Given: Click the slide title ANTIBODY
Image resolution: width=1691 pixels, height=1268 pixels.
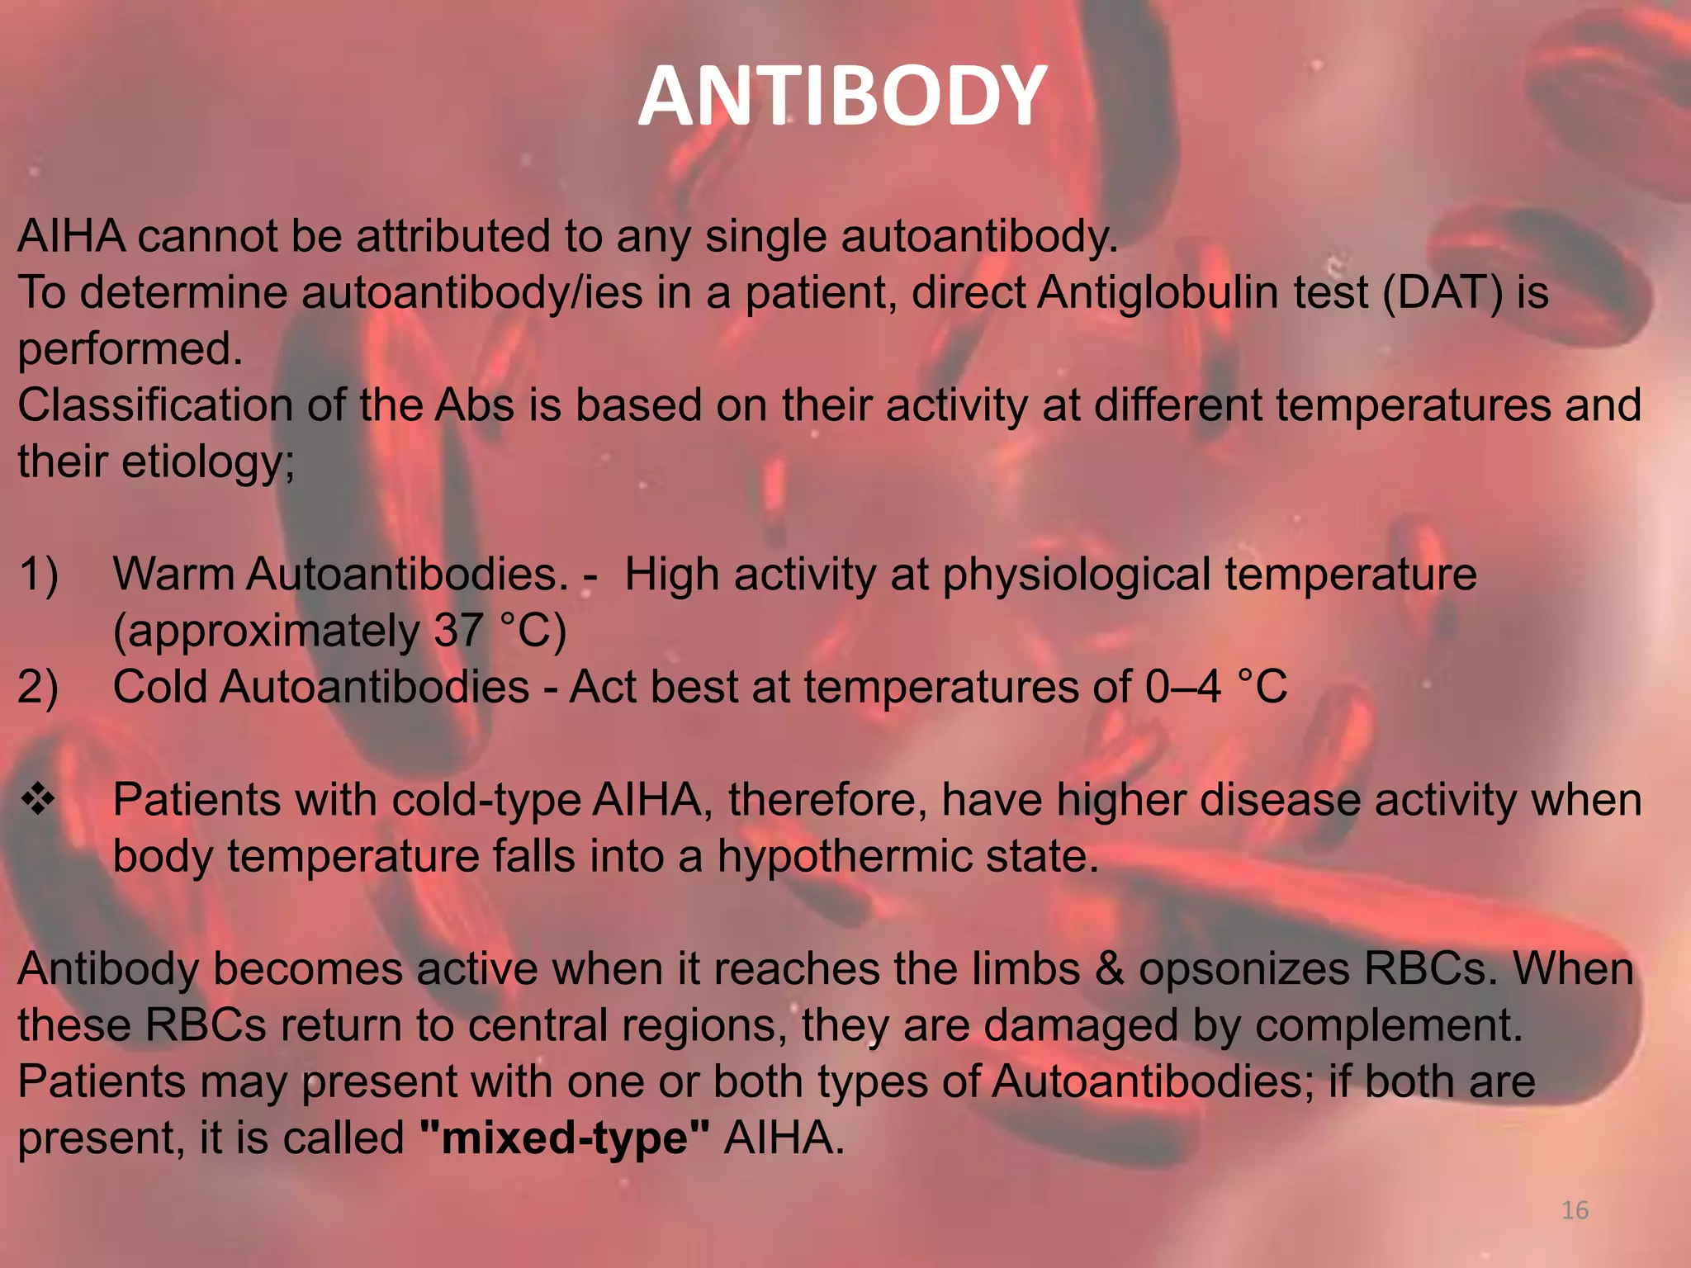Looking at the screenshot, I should click(x=843, y=97).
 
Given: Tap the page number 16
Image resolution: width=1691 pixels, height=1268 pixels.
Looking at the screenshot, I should click(x=1575, y=1210).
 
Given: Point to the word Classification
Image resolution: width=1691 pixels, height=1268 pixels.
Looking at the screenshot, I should click(x=154, y=405).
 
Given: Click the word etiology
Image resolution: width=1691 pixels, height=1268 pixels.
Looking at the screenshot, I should click(x=208, y=461).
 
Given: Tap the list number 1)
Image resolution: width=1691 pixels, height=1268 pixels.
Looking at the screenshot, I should click(x=38, y=574).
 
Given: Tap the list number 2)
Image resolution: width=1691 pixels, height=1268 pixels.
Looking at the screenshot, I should click(x=38, y=687).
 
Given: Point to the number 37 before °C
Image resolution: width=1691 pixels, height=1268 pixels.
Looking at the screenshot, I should click(x=458, y=630).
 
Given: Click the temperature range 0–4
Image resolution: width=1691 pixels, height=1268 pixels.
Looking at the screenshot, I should click(x=1182, y=687).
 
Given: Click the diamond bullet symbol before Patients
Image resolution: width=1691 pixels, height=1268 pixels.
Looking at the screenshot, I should click(x=38, y=799).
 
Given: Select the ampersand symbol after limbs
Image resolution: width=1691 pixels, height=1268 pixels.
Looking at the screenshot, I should click(x=1109, y=969).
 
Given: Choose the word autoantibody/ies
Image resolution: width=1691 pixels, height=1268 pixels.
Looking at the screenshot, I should click(x=471, y=292).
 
